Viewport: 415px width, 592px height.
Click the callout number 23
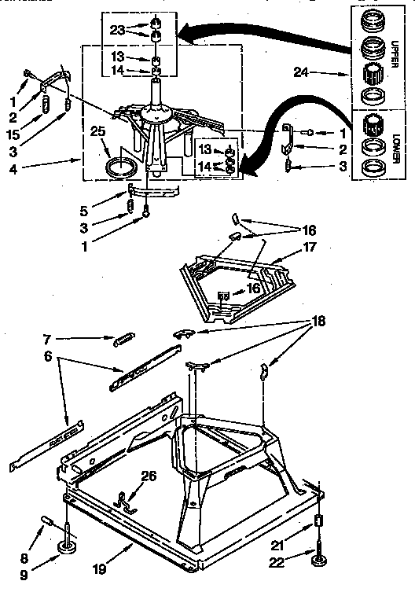[117, 31]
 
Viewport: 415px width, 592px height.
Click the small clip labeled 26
[126, 499]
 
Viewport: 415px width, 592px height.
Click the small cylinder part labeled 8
[48, 521]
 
